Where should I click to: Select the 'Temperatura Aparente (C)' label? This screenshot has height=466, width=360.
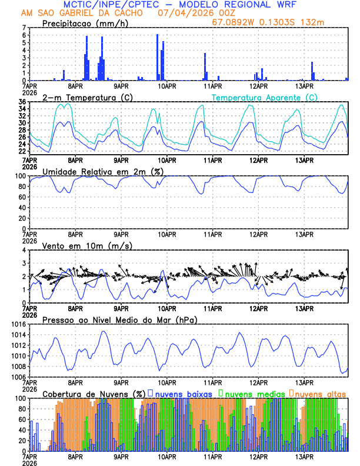pyautogui.click(x=265, y=97)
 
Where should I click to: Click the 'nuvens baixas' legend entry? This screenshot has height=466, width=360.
pyautogui.click(x=184, y=393)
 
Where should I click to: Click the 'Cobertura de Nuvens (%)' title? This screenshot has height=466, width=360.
pyautogui.click(x=94, y=393)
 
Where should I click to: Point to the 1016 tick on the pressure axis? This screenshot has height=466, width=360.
pyautogui.click(x=18, y=325)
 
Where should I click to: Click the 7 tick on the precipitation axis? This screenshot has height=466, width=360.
pyautogui.click(x=24, y=28)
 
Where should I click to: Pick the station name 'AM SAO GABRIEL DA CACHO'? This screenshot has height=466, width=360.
pyautogui.click(x=82, y=12)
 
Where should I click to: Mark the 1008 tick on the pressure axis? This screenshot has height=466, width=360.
pyautogui.click(x=18, y=367)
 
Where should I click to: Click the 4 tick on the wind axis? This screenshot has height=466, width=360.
pyautogui.click(x=24, y=251)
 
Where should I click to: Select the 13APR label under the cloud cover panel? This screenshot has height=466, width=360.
pyautogui.click(x=304, y=457)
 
